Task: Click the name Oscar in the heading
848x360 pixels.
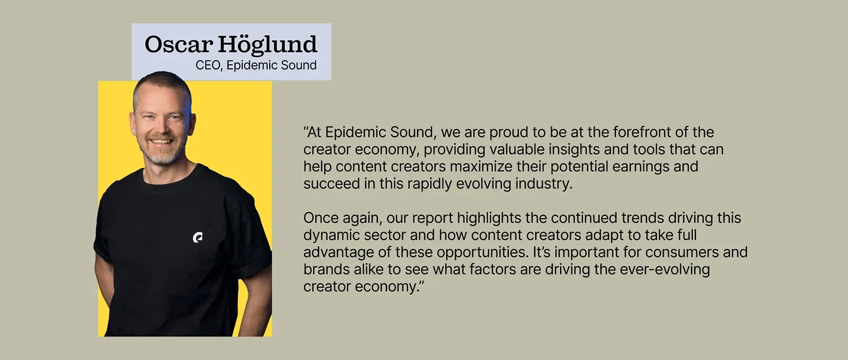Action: [x=178, y=45]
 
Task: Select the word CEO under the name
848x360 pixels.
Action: [x=208, y=66]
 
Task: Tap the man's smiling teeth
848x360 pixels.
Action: [x=162, y=141]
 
